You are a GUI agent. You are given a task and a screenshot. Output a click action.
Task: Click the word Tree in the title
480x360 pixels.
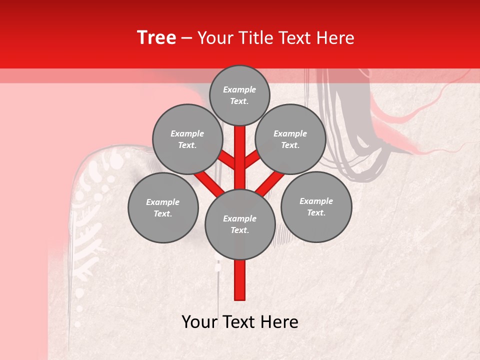tap(156, 38)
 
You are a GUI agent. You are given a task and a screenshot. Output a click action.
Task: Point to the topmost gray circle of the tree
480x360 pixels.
tap(239, 95)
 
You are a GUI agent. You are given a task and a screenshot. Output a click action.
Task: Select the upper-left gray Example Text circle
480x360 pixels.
tap(187, 139)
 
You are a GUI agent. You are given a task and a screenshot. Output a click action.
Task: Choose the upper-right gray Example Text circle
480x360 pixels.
tap(290, 139)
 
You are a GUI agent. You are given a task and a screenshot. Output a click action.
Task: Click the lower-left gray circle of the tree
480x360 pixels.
tap(163, 207)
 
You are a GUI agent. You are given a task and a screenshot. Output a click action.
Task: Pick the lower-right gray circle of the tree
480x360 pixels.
tap(316, 206)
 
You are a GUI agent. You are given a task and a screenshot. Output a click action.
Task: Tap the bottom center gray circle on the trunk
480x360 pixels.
tap(240, 224)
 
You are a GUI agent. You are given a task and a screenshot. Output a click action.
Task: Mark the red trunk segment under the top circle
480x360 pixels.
tap(240, 150)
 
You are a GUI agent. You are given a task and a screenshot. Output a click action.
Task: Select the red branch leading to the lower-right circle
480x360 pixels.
tap(270, 183)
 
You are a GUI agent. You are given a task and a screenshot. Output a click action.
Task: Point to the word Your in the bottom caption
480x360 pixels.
tap(199, 322)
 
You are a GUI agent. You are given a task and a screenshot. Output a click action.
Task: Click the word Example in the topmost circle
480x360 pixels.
tap(239, 90)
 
